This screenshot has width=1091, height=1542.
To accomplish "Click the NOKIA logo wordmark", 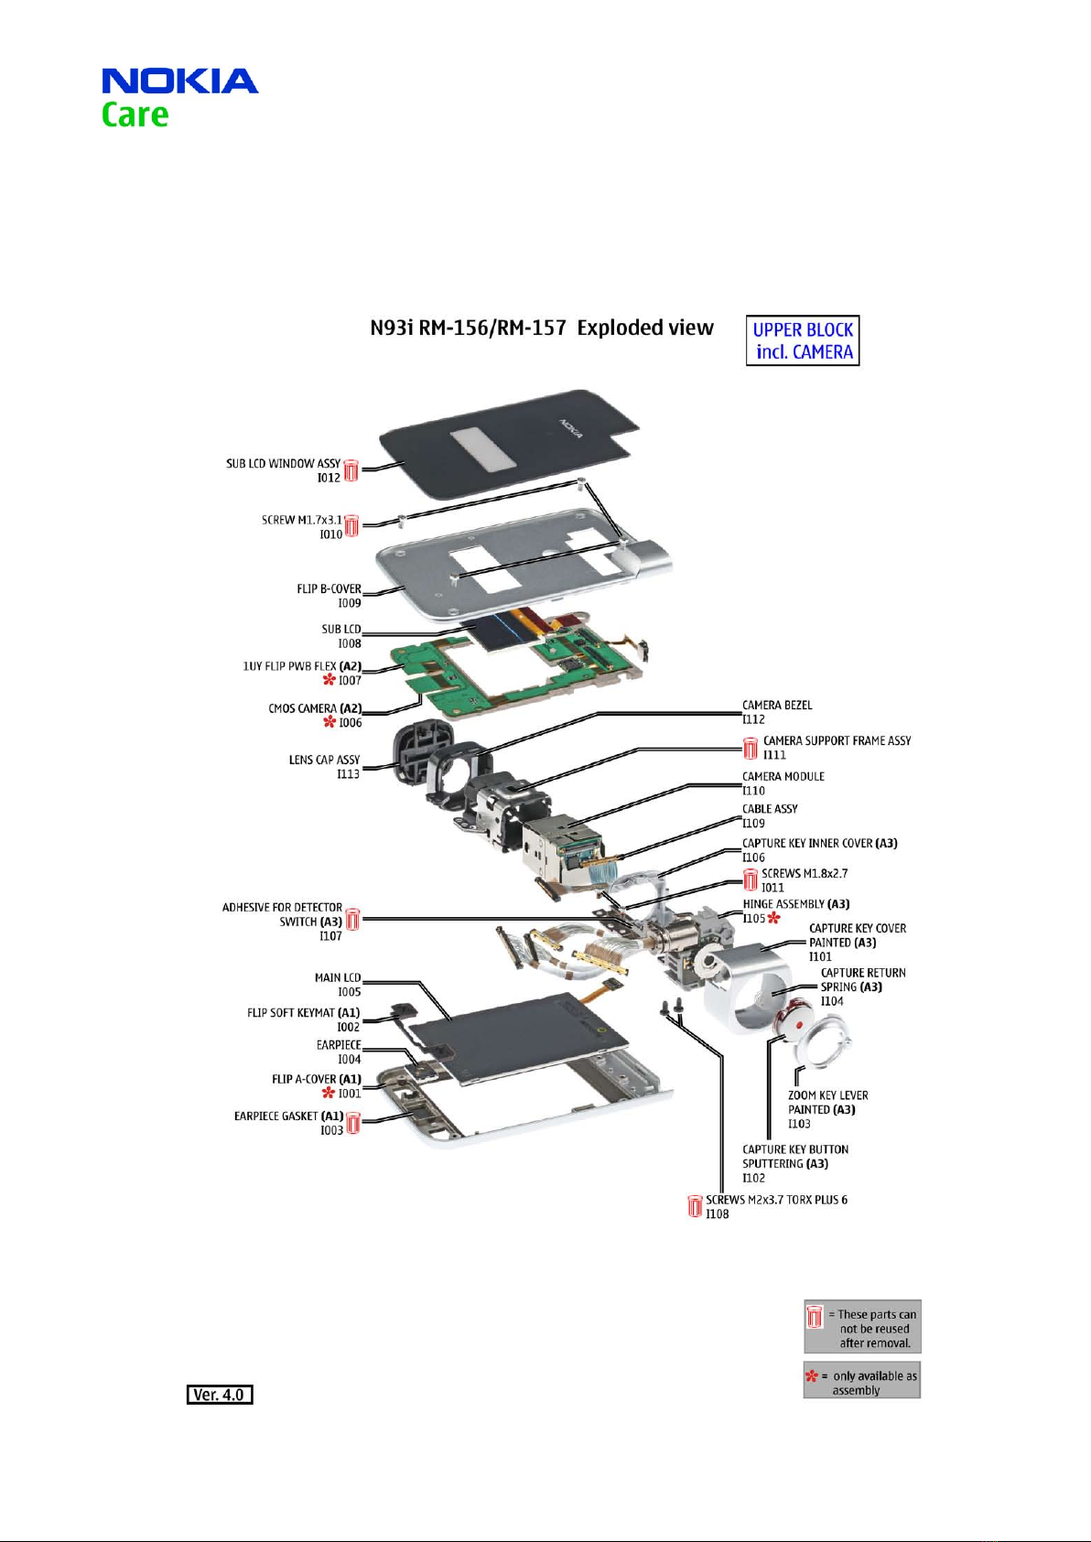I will pos(179,81).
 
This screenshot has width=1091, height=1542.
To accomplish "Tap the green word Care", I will pos(135,115).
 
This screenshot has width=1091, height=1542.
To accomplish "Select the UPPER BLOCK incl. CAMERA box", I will pos(803,341).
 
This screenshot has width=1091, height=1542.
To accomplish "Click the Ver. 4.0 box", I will pos(220,1395).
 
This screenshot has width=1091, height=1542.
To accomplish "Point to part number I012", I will pos(329,478).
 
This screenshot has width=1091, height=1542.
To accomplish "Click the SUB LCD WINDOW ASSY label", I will pos(283,464).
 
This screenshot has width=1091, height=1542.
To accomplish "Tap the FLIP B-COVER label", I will pos(329,588).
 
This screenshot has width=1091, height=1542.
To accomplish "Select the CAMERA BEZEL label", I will pos(777,706).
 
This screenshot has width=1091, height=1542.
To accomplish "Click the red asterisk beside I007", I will pos(329,680).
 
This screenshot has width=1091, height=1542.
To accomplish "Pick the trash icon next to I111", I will pos(751,749).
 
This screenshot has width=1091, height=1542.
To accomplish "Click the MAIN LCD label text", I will pos(338,977).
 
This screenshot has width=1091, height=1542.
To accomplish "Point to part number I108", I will pos(718,1214).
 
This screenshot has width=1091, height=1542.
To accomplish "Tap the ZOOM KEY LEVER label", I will pos(827,1095).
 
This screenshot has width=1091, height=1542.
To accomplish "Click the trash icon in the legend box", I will pos(814,1316).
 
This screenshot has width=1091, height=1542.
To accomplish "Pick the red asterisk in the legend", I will pos(811,1375).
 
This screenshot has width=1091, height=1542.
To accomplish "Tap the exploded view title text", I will pos(542,329).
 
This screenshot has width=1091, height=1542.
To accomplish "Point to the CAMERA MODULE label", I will pos(783,777).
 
